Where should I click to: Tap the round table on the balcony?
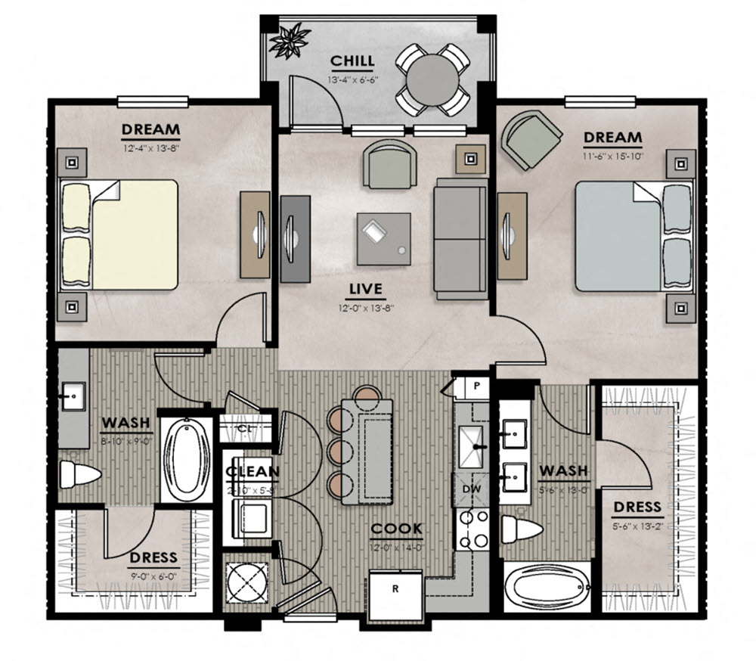(434, 78)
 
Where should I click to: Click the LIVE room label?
(366, 289)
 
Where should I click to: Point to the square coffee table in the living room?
(384, 239)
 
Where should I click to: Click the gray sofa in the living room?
(460, 241)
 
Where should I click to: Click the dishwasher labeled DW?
(471, 489)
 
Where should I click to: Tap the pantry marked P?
(476, 386)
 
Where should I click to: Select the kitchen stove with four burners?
(472, 529)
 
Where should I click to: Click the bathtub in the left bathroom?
(187, 459)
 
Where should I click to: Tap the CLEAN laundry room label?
(253, 473)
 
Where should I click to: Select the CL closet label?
(244, 430)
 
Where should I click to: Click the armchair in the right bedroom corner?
(532, 139)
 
